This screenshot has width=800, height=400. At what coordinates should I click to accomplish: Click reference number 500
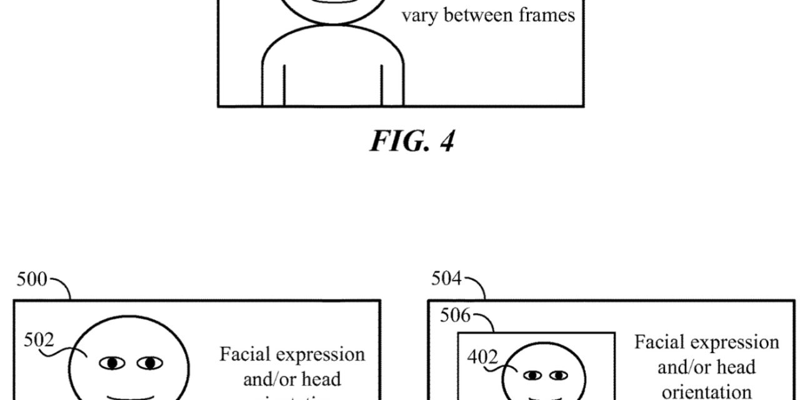click(x=31, y=279)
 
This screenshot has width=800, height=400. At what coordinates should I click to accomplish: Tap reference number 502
click(x=38, y=340)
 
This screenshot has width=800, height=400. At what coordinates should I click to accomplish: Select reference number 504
click(x=446, y=279)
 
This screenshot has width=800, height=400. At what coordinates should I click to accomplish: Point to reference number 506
click(x=455, y=316)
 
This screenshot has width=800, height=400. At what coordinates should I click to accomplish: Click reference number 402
click(x=482, y=358)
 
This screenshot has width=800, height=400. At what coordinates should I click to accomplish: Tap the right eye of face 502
click(x=150, y=362)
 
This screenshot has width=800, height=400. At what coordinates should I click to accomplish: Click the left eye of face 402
click(x=532, y=375)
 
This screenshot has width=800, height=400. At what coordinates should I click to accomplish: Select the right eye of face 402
click(x=557, y=375)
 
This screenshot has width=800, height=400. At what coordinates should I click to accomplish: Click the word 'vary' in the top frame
click(x=418, y=14)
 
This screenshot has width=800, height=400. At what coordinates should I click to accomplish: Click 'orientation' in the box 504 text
click(x=706, y=392)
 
